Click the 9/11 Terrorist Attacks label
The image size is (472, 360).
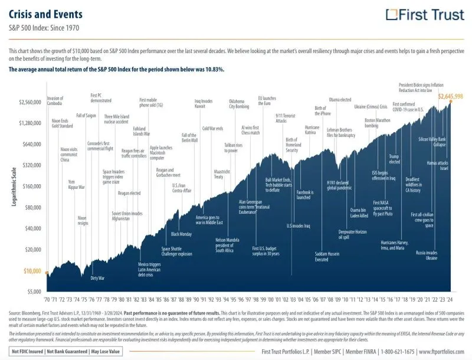coord(281,119)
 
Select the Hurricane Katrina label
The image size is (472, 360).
coord(312,130)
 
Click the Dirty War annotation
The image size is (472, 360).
coord(97,277)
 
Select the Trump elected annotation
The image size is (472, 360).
coord(395,159)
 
